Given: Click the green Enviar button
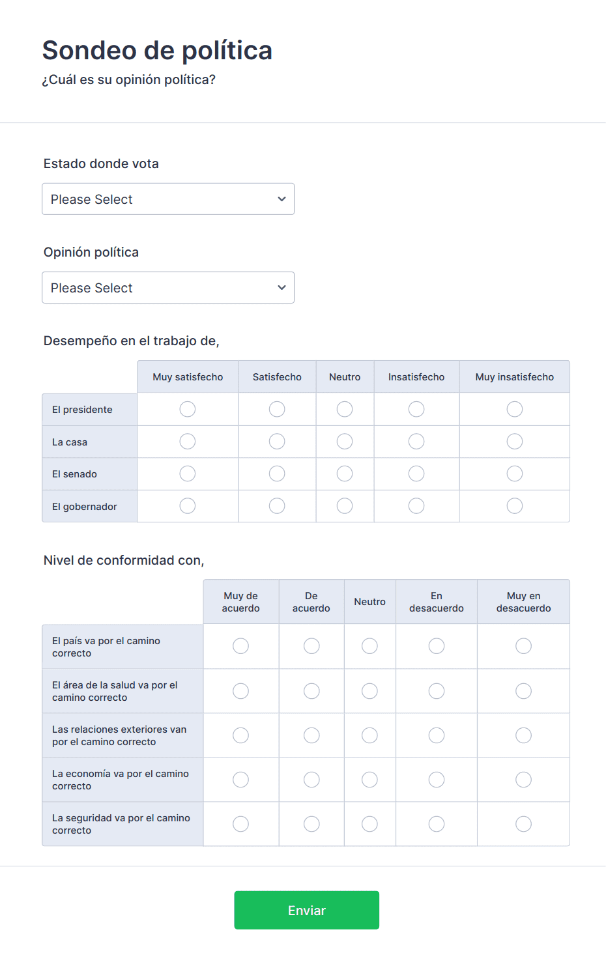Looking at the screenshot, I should (x=306, y=910).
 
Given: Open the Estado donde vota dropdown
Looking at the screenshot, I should (x=168, y=199).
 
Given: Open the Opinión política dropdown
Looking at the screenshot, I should (x=168, y=288).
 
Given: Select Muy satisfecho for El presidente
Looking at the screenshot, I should (x=188, y=409).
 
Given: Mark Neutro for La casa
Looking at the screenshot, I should (x=345, y=442).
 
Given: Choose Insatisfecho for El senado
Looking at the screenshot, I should (x=416, y=474).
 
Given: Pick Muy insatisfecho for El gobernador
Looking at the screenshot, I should (x=515, y=506).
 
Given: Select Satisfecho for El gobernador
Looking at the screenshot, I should (x=277, y=506).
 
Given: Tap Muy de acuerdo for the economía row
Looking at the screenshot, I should (x=241, y=780).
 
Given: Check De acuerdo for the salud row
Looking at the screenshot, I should (x=311, y=691).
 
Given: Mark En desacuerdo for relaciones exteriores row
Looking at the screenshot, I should (x=437, y=735).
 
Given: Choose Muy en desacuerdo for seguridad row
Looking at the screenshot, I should (x=523, y=824).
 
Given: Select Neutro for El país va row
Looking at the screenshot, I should (x=369, y=646).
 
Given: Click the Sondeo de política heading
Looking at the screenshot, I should (x=157, y=50).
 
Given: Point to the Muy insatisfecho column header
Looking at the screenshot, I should (x=515, y=377).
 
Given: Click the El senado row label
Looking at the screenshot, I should (x=75, y=474).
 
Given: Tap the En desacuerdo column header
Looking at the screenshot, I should (x=437, y=602).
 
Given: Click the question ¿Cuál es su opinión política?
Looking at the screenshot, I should (x=129, y=79).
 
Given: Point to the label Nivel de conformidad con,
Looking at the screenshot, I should (x=124, y=560).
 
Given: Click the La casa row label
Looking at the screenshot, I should (x=70, y=442).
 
